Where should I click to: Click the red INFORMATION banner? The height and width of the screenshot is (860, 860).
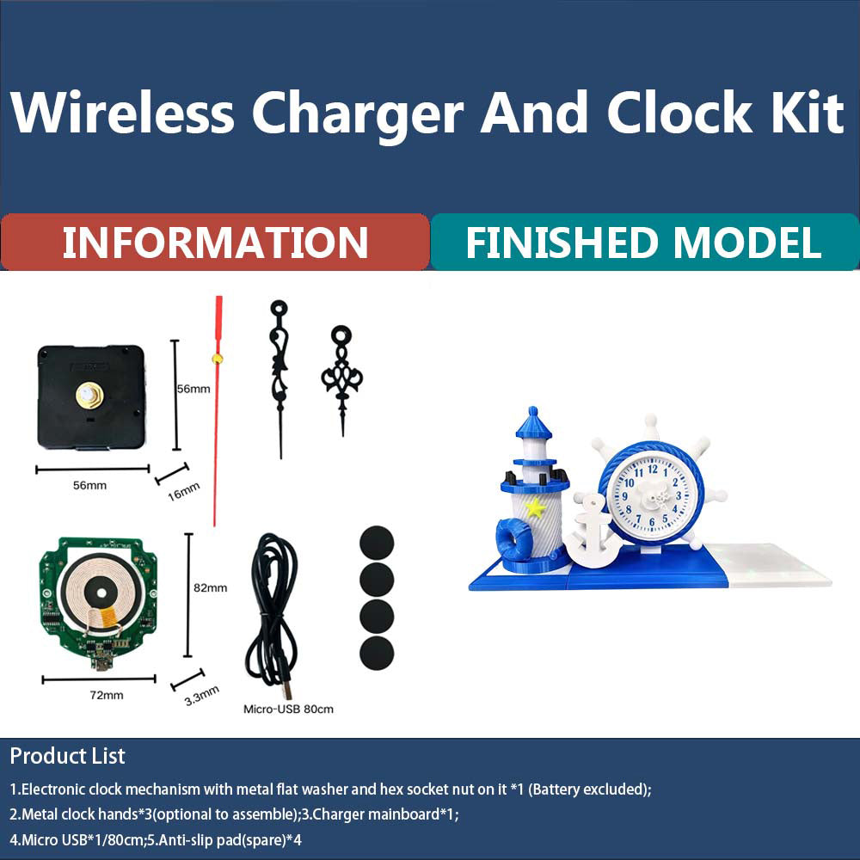point(215,243)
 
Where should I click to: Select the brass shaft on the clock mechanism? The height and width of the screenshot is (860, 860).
point(89,396)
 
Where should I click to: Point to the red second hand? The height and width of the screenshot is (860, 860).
point(217,413)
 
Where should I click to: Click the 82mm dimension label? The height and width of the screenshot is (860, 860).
point(211,588)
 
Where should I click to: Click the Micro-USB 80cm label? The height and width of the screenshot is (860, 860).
point(288,709)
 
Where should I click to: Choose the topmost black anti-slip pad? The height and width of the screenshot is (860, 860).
point(376,543)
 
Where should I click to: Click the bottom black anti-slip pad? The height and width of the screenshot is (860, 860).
point(376,654)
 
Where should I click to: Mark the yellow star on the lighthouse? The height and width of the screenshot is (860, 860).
point(536,507)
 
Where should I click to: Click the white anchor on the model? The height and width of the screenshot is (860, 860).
point(592,532)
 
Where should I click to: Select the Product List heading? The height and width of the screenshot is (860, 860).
point(67,756)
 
